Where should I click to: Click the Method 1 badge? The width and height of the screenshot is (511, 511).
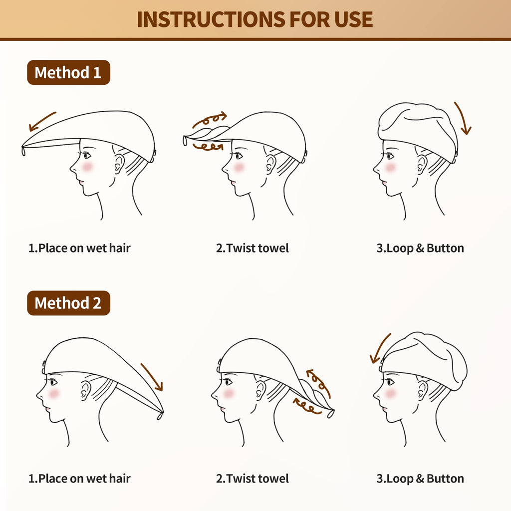68,72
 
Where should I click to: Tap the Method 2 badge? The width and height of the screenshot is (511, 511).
68,303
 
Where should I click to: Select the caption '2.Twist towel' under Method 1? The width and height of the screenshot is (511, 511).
252,249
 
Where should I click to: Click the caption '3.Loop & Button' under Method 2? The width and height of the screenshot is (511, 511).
420,479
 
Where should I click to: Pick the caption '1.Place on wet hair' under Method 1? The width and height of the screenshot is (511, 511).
79,249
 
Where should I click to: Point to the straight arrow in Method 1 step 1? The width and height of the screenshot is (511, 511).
42,121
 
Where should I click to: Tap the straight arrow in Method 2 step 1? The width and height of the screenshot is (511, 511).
152,377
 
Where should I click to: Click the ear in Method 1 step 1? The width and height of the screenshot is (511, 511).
119,164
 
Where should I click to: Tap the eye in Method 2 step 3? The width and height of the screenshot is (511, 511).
390,382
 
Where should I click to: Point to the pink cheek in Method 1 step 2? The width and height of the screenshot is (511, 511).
239,167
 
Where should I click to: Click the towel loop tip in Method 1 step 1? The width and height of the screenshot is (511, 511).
23,151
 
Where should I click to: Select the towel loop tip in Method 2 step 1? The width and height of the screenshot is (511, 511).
160,416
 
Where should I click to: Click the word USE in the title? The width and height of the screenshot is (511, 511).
354,19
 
